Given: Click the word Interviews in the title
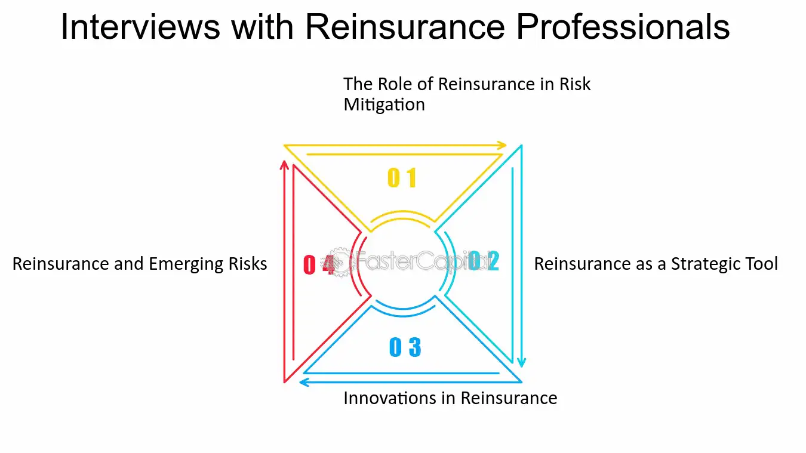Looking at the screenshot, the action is [140, 27].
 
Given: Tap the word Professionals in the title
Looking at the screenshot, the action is [623, 27].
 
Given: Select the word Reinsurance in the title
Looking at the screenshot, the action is [405, 27].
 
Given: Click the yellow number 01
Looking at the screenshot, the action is [402, 178].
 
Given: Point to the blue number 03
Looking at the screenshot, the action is [405, 347].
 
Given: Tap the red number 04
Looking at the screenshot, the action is [319, 265].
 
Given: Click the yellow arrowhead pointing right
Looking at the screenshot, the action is [502, 146].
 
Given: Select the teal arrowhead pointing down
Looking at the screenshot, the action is [522, 362].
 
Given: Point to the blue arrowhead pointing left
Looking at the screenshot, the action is [304, 382].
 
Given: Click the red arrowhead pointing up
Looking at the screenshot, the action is [284, 165].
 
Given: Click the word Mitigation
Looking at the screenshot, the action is [384, 104].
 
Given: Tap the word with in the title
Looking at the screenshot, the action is [262, 27].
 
